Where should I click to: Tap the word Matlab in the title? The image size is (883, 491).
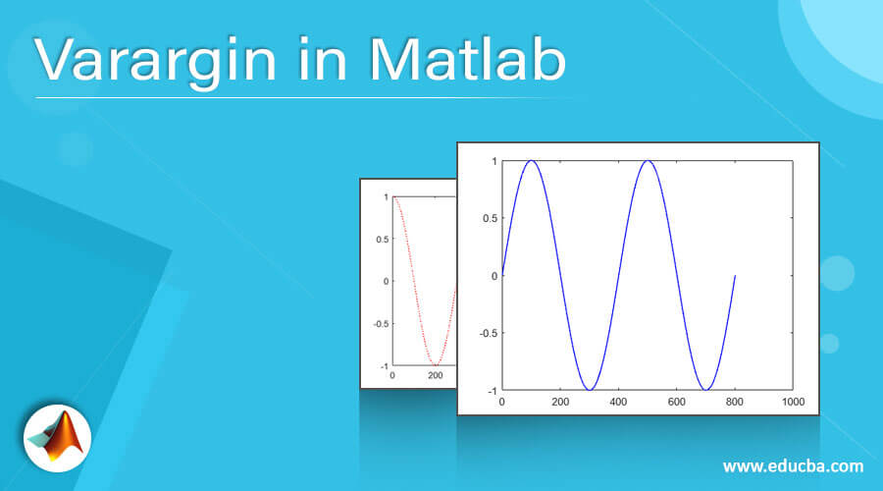[x=468, y=59]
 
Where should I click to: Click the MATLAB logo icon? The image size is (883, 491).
[x=58, y=438]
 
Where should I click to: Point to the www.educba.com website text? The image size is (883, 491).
[x=793, y=466]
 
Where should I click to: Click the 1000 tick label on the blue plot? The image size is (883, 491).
[x=793, y=402]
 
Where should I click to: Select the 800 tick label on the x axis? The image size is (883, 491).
[x=734, y=402]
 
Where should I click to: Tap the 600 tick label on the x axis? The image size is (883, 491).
[x=676, y=402]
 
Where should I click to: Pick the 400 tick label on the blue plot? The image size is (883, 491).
[x=618, y=402]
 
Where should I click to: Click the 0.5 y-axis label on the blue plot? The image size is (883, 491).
[x=490, y=219]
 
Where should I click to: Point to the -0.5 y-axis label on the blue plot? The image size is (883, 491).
[x=489, y=333]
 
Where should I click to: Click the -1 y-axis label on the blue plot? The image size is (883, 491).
[x=493, y=391]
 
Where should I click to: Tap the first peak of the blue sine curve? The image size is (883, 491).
[x=531, y=161]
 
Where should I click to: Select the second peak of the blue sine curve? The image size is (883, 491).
[x=648, y=161]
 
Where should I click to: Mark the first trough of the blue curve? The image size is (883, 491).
[x=590, y=390]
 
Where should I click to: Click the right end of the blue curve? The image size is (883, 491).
[x=735, y=276]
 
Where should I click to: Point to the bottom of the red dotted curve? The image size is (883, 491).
[x=435, y=364]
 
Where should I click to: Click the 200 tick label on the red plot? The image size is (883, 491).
[x=436, y=375]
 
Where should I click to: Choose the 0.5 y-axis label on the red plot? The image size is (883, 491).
[x=383, y=240]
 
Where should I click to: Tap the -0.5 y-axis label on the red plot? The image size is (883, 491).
[x=381, y=324]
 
